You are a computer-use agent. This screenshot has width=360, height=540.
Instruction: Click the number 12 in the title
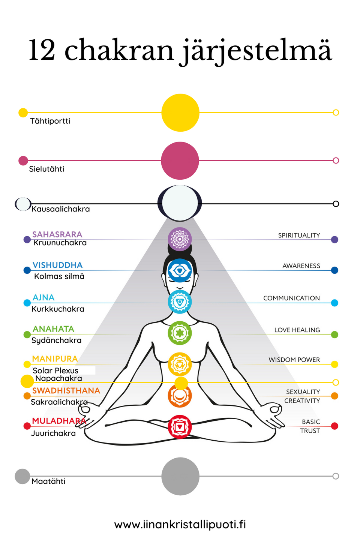click(x=42, y=50)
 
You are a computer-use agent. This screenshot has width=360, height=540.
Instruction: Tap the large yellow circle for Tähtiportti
click(x=180, y=112)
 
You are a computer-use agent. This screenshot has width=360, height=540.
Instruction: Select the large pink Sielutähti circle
click(x=180, y=160)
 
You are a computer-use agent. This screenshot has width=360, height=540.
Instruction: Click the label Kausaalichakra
click(x=61, y=209)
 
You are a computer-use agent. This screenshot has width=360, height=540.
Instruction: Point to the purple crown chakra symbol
click(x=180, y=239)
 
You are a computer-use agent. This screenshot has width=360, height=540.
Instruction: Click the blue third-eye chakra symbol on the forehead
click(x=180, y=270)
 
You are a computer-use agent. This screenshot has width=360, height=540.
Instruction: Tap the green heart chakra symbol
click(x=180, y=333)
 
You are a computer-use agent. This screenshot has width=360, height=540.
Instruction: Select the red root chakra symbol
click(x=180, y=426)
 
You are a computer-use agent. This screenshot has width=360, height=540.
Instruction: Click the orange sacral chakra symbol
click(x=180, y=396)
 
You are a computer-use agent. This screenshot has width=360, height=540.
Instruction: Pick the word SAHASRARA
click(x=57, y=234)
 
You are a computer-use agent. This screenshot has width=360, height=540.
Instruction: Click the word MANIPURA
click(x=55, y=359)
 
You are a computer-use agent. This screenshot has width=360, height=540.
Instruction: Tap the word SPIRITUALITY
click(x=299, y=235)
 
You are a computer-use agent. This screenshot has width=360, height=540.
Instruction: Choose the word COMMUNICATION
click(x=291, y=298)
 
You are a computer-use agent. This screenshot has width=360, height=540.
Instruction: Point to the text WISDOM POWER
click(x=294, y=360)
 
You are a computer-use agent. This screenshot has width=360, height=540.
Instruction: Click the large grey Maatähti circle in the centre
click(x=180, y=476)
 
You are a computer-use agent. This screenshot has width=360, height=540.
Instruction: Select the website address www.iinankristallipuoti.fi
click(x=180, y=524)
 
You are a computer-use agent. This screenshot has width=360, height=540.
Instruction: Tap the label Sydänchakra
click(x=56, y=340)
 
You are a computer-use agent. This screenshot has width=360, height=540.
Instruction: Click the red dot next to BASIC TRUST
click(x=335, y=426)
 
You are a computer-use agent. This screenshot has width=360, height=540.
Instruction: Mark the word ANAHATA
click(x=53, y=329)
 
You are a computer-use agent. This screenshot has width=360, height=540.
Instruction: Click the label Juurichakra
click(x=53, y=433)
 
